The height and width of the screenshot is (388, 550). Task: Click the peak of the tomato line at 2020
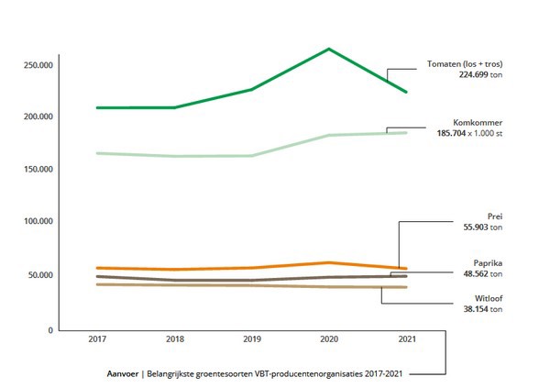click(329, 49)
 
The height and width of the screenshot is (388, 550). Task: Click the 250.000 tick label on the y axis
click(40, 65)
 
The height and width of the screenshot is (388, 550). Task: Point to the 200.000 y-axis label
click(40, 117)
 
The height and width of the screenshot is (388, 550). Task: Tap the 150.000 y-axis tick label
click(40, 170)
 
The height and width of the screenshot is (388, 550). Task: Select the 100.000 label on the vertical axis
click(40, 222)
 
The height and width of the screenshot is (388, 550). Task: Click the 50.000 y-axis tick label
click(42, 275)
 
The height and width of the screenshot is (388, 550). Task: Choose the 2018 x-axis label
click(174, 339)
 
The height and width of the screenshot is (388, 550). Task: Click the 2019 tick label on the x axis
click(252, 339)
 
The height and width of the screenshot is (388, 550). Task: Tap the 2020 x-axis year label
click(329, 339)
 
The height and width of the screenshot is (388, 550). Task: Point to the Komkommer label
click(478, 122)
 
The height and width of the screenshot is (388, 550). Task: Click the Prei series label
click(495, 216)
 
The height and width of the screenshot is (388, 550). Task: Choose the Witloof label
click(487, 299)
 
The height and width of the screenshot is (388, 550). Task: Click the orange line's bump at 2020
click(329, 263)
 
